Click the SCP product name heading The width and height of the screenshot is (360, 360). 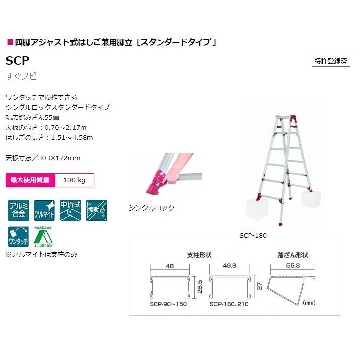pyautogui.click(x=18, y=61)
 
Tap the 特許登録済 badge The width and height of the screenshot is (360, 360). pyautogui.click(x=331, y=61)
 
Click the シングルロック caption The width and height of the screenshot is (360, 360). pyautogui.click(x=152, y=208)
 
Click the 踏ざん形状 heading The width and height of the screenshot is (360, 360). pyautogui.click(x=292, y=254)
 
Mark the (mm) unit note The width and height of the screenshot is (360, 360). pyautogui.click(x=309, y=303)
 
